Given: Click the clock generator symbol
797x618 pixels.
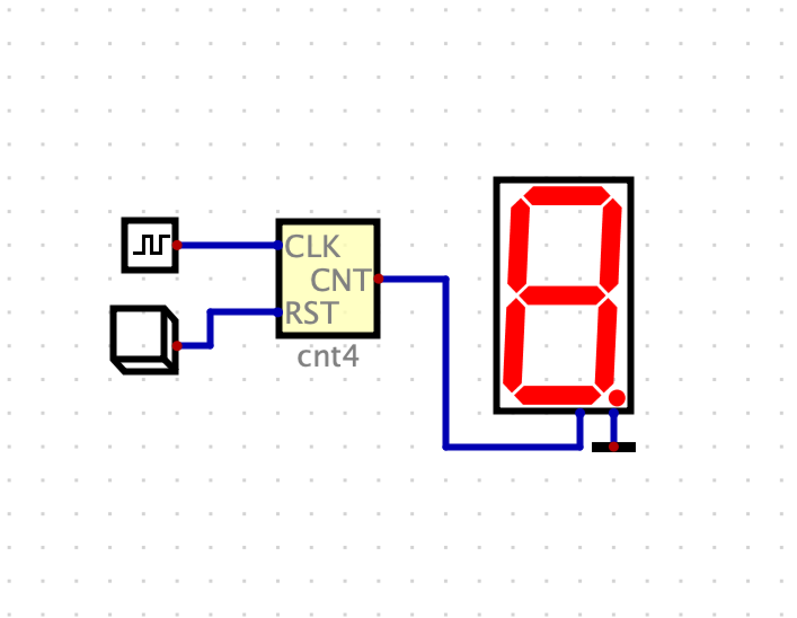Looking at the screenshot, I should [150, 245].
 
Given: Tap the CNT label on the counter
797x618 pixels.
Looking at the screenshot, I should [341, 280].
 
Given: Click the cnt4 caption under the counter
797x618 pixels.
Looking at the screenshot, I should [327, 357].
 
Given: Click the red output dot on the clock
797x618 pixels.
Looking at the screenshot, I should [177, 245].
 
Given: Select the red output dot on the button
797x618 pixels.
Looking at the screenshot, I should [177, 346].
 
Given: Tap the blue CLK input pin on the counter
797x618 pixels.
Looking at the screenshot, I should [278, 245].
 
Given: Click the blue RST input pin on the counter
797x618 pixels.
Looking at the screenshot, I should [278, 312].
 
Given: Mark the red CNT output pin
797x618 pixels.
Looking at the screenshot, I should [378, 279].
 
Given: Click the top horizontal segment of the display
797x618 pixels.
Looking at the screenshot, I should [566, 196].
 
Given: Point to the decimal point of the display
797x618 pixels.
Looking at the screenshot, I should [617, 398].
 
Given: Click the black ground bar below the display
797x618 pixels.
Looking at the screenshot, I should [613, 447].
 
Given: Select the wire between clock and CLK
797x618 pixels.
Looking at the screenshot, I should [228, 245].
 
